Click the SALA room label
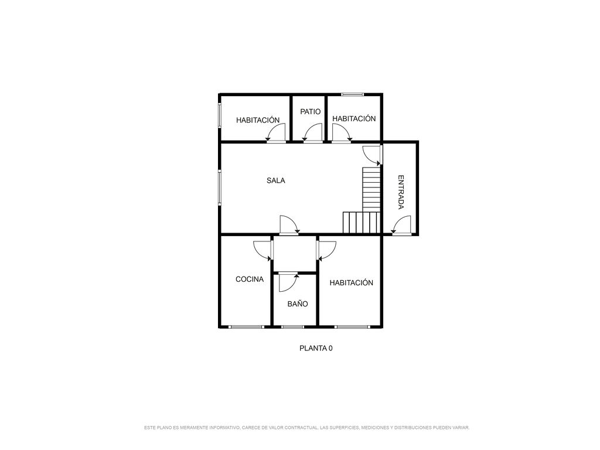[276, 180]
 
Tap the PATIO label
[311, 112]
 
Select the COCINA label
[250, 279]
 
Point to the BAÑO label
[298, 304]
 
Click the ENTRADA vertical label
[401, 192]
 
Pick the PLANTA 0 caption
[316, 348]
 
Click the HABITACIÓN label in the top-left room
[258, 120]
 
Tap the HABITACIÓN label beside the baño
[352, 283]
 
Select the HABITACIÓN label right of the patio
[354, 118]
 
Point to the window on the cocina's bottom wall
[247, 327]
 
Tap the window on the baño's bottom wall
[292, 327]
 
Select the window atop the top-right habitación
[353, 94]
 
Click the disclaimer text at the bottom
[306, 427]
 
